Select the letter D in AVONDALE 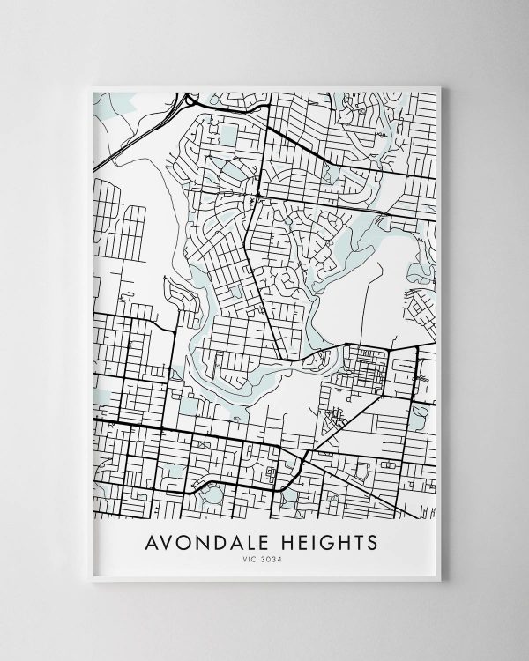tap(226, 538)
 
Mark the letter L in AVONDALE tap(258, 538)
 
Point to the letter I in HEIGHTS tap(315, 538)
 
